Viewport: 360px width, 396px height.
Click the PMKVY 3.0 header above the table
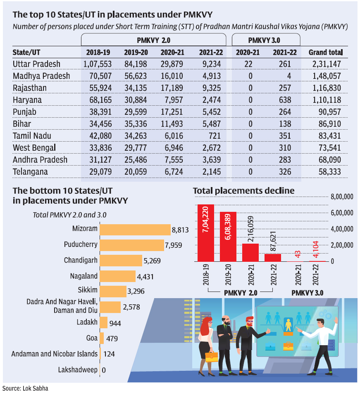tap(265, 40)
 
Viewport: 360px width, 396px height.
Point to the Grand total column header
tap(326, 52)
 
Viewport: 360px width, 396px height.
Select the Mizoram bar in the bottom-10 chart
tap(135, 230)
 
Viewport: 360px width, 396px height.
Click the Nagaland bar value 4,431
tap(145, 277)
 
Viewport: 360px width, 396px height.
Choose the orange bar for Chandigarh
tap(120, 261)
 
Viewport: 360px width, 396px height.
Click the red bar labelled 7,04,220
tap(205, 233)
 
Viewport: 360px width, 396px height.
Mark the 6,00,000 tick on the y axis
tap(342, 213)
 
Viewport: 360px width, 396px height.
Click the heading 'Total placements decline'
tap(243, 191)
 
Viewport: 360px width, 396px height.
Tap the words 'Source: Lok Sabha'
tap(25, 389)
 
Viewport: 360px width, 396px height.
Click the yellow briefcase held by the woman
tap(211, 356)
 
